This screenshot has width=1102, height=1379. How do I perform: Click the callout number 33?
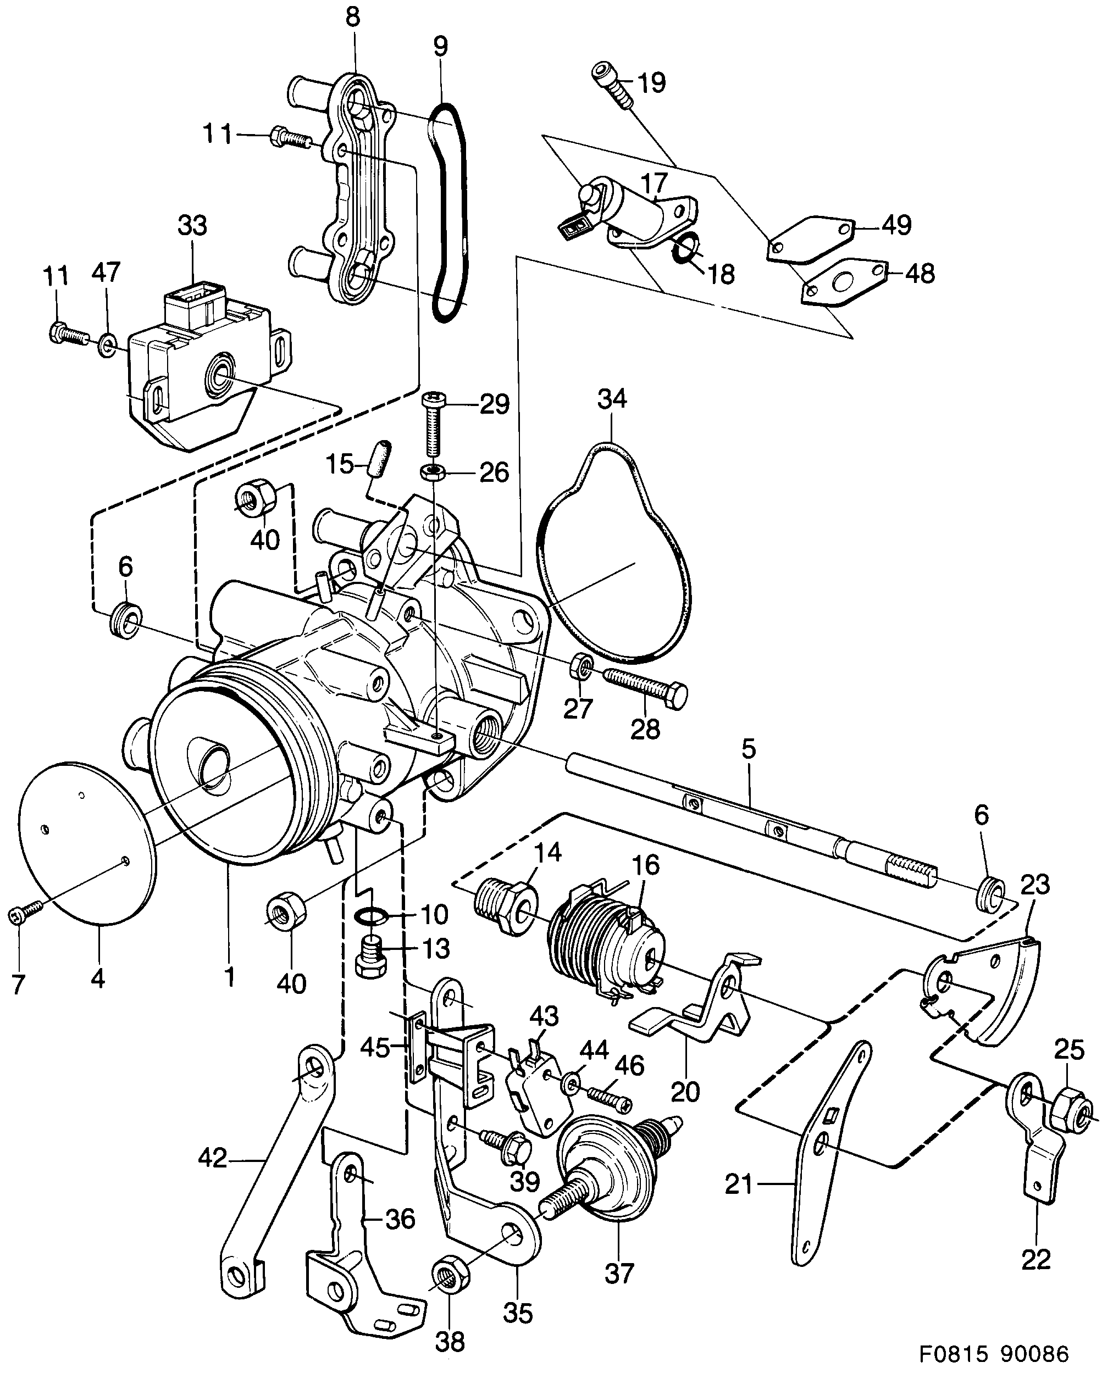192,226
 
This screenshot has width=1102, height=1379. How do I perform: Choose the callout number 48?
920,274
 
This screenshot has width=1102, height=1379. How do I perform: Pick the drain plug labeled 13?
370,961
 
